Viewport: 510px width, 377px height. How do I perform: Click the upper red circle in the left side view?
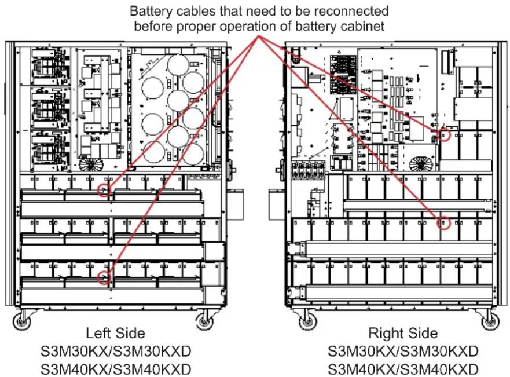[x=104, y=191]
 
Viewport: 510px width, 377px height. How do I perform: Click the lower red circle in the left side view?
[x=104, y=278]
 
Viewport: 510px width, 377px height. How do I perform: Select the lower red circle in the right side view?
[x=444, y=222]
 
